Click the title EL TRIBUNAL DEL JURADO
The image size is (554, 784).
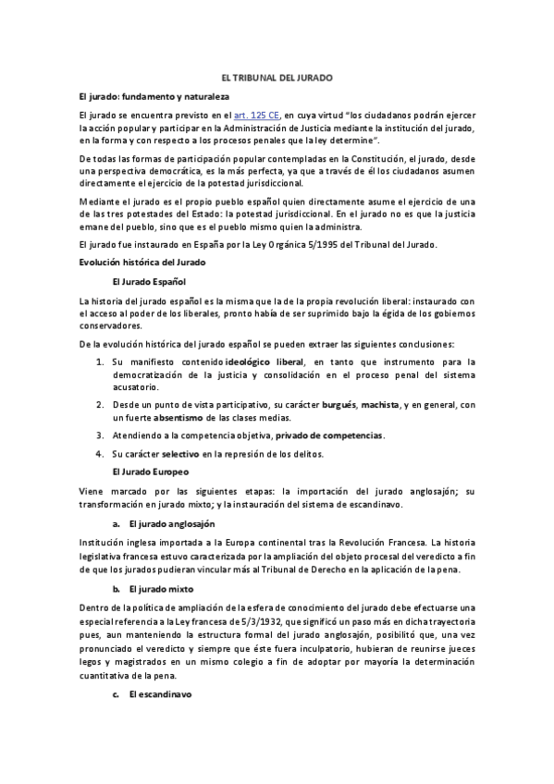pos(277,80)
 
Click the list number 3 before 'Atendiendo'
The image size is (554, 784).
pos(98,435)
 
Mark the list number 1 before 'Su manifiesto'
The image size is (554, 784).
pos(98,362)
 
